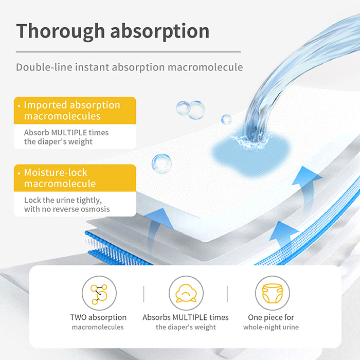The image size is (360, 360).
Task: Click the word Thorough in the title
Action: [x=61, y=31]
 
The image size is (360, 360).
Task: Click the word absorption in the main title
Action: [x=160, y=31]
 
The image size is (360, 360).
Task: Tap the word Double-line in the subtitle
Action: [x=44, y=67]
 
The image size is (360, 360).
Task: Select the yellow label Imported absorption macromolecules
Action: [x=75, y=111]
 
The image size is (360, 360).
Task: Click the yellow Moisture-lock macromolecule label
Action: [x=75, y=178]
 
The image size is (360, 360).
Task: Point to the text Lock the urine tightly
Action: [x=63, y=200]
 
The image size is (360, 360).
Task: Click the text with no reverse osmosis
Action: [x=67, y=209]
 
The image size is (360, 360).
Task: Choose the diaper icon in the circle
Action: [x=273, y=293]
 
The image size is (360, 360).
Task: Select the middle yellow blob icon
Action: [x=186, y=293]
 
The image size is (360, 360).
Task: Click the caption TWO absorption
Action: [x=98, y=317]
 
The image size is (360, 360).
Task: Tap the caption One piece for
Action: [x=271, y=317]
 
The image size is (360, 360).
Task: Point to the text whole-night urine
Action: [x=271, y=327]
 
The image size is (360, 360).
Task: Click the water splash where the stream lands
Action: [x=251, y=141]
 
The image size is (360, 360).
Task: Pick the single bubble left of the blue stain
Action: [x=161, y=164]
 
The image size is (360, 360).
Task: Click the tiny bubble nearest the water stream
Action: [x=226, y=119]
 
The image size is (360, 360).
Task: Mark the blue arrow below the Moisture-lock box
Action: [x=157, y=229]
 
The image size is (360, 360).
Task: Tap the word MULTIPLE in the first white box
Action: [x=70, y=133]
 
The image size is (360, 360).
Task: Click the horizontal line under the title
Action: [x=128, y=52]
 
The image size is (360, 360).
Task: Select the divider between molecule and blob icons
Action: [x=143, y=294]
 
